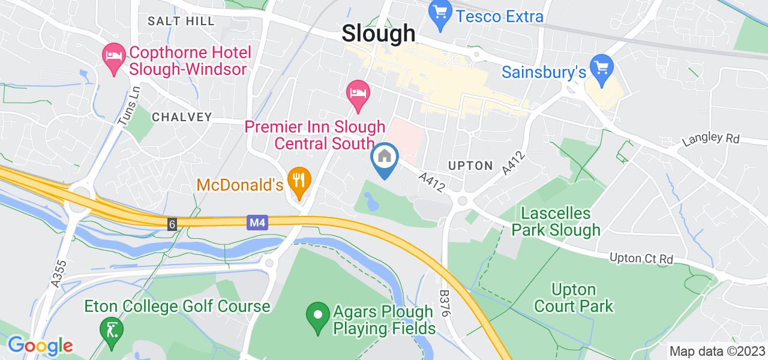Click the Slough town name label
point(379,34)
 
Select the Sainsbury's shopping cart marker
point(601,67)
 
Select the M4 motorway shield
point(255,223)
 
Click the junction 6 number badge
point(173,224)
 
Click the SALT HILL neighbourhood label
point(181,22)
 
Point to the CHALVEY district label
point(182,116)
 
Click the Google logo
point(40,346)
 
